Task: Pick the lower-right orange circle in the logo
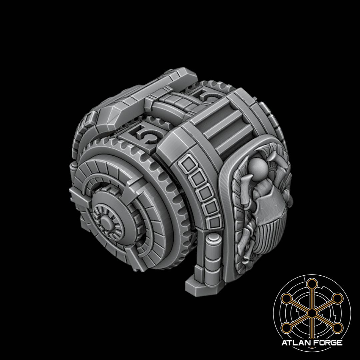(x=337, y=328)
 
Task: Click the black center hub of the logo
(x=312, y=312)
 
